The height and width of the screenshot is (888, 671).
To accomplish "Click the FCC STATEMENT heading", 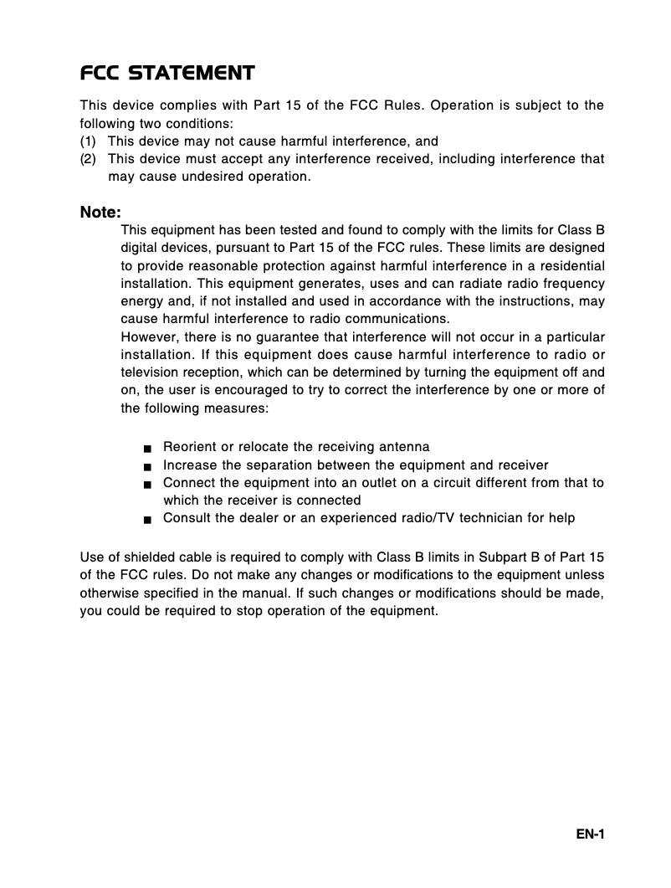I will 167,74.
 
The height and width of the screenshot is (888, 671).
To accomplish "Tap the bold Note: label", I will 100,213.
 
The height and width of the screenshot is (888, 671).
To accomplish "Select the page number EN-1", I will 590,834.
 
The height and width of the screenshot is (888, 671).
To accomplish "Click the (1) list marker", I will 88,141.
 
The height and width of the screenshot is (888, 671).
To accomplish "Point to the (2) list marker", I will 88,159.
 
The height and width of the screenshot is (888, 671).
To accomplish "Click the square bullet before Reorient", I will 146,449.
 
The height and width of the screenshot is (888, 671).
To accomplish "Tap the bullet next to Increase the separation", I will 146,466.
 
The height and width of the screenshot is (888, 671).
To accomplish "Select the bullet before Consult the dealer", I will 146,519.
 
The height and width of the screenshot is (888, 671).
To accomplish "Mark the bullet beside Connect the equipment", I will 146,484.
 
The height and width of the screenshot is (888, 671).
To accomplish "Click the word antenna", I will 405,448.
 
